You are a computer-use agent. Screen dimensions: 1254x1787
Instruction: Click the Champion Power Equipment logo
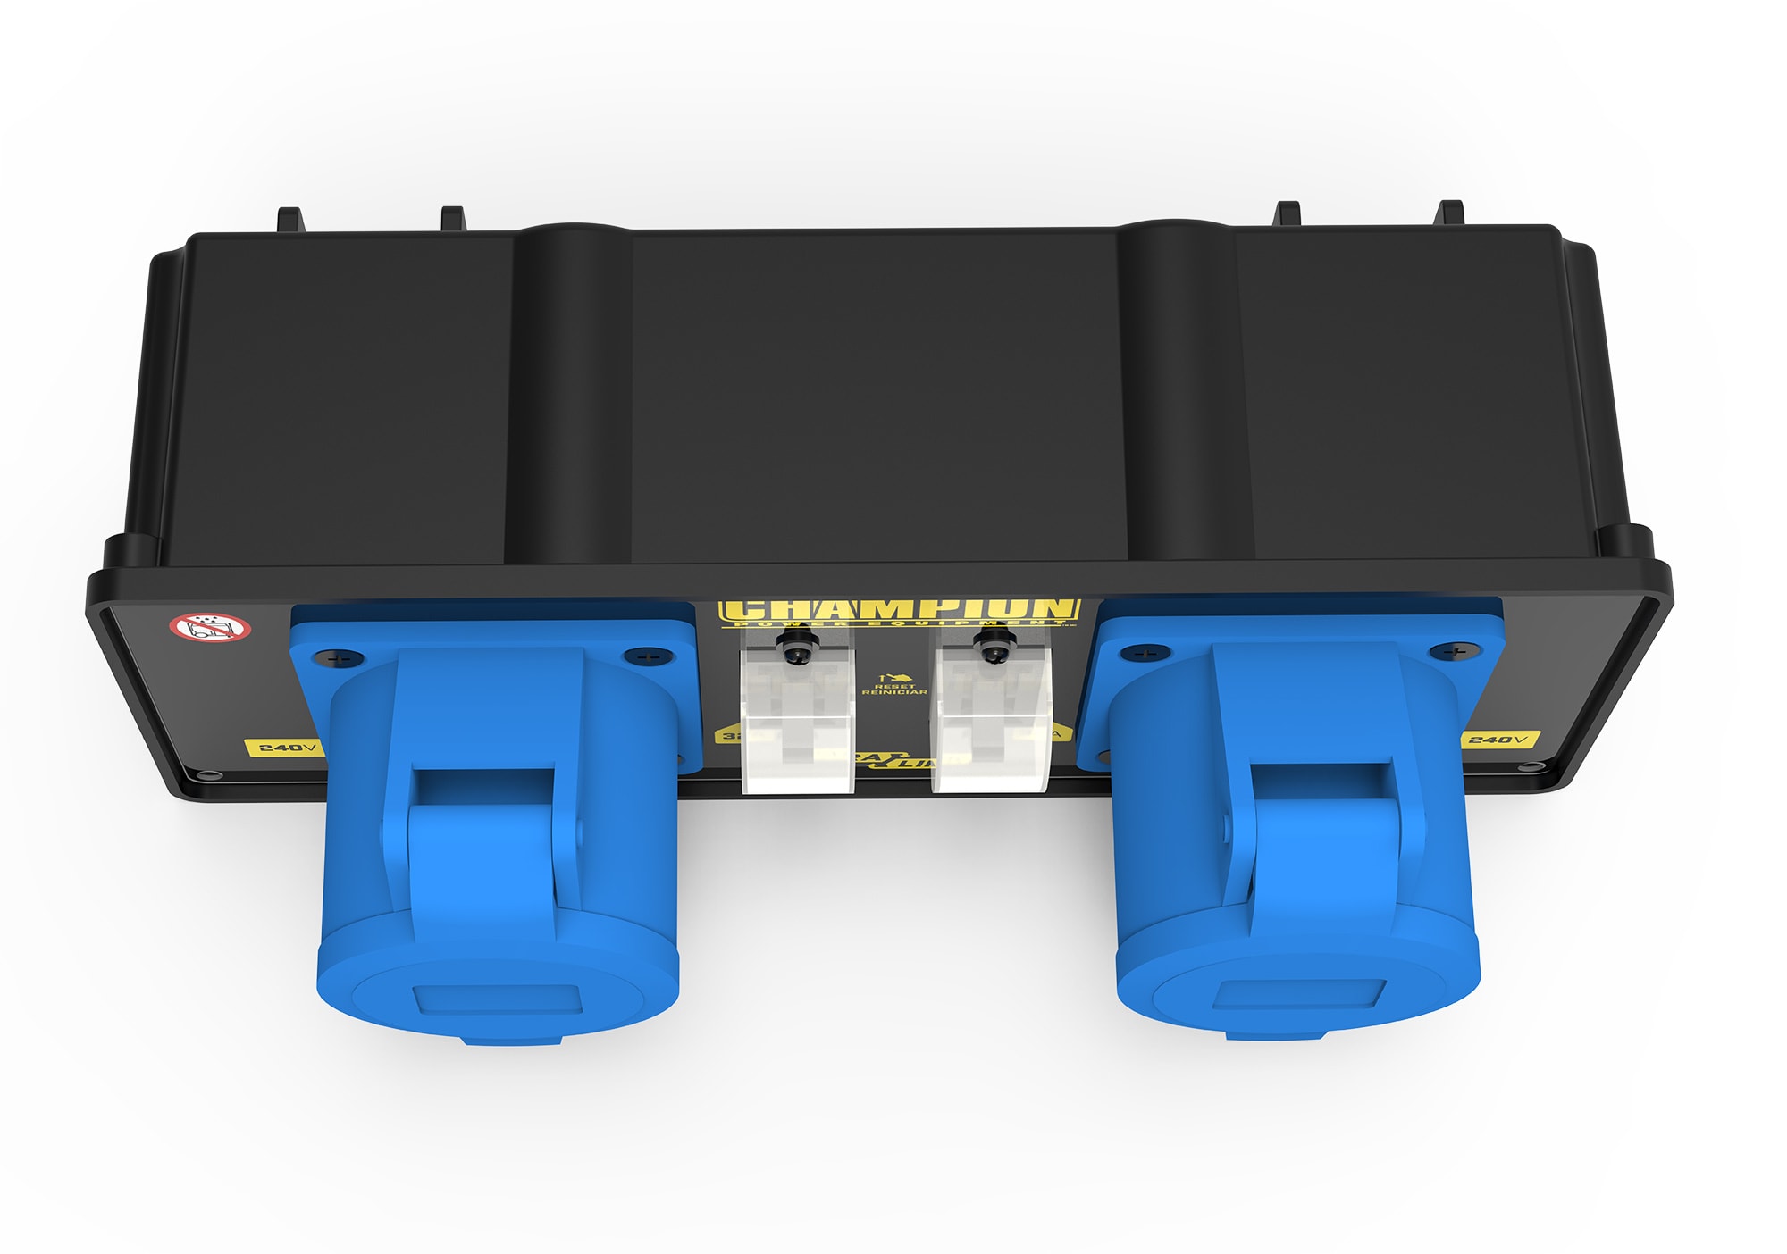tap(900, 611)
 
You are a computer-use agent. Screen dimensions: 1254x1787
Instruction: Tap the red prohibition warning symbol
tap(210, 627)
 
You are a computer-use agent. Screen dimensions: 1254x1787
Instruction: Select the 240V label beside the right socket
tap(1500, 740)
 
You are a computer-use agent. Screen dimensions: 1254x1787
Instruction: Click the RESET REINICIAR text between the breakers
tap(893, 689)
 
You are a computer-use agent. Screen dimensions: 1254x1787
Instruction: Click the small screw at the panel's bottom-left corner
tap(208, 775)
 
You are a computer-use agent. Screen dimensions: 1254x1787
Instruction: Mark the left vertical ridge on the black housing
tap(567, 393)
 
